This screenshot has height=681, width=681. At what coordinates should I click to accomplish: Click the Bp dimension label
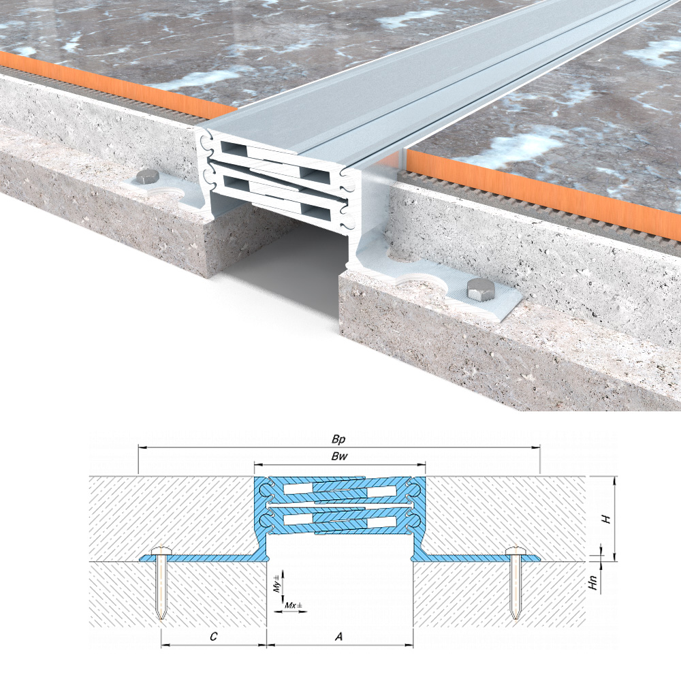[x=338, y=439]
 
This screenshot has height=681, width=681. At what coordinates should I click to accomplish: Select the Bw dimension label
[x=339, y=456]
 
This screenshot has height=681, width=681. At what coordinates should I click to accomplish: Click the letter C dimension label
[x=213, y=637]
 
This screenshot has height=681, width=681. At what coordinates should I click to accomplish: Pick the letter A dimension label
[x=338, y=636]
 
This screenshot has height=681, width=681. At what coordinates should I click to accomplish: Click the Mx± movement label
[x=294, y=605]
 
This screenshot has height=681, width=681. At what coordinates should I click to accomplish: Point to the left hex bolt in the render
[x=147, y=177]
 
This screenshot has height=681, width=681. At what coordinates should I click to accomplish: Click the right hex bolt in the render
[x=480, y=289]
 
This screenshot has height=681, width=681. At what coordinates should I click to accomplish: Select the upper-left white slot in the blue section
[x=299, y=489]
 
